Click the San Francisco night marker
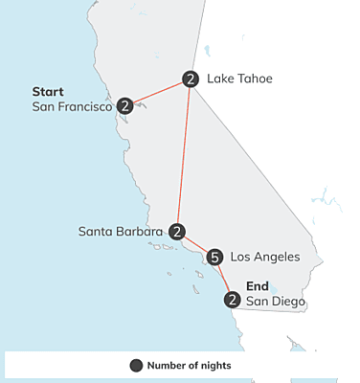point(125,105)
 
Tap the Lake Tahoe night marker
point(191,79)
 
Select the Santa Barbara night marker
point(177,232)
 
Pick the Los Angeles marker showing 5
point(215,257)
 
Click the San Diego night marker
point(232,301)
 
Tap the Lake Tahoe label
point(239,79)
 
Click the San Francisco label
point(73,106)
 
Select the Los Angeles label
point(265,257)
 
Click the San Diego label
point(276,302)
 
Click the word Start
point(48,92)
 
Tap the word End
point(258,286)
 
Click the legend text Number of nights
point(190,365)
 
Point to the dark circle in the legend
point(136,365)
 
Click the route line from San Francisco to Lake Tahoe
point(158,92)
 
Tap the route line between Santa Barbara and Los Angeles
point(196,244)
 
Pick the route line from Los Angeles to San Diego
point(224,280)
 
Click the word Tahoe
point(256,79)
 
